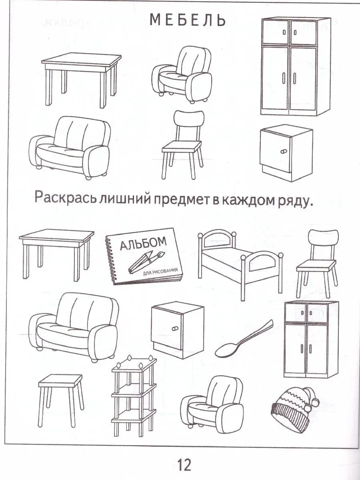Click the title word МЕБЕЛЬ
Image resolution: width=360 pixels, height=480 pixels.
coord(188,20)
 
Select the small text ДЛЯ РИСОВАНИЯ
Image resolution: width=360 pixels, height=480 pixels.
coord(160,272)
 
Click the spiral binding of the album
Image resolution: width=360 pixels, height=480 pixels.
coord(110,261)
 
